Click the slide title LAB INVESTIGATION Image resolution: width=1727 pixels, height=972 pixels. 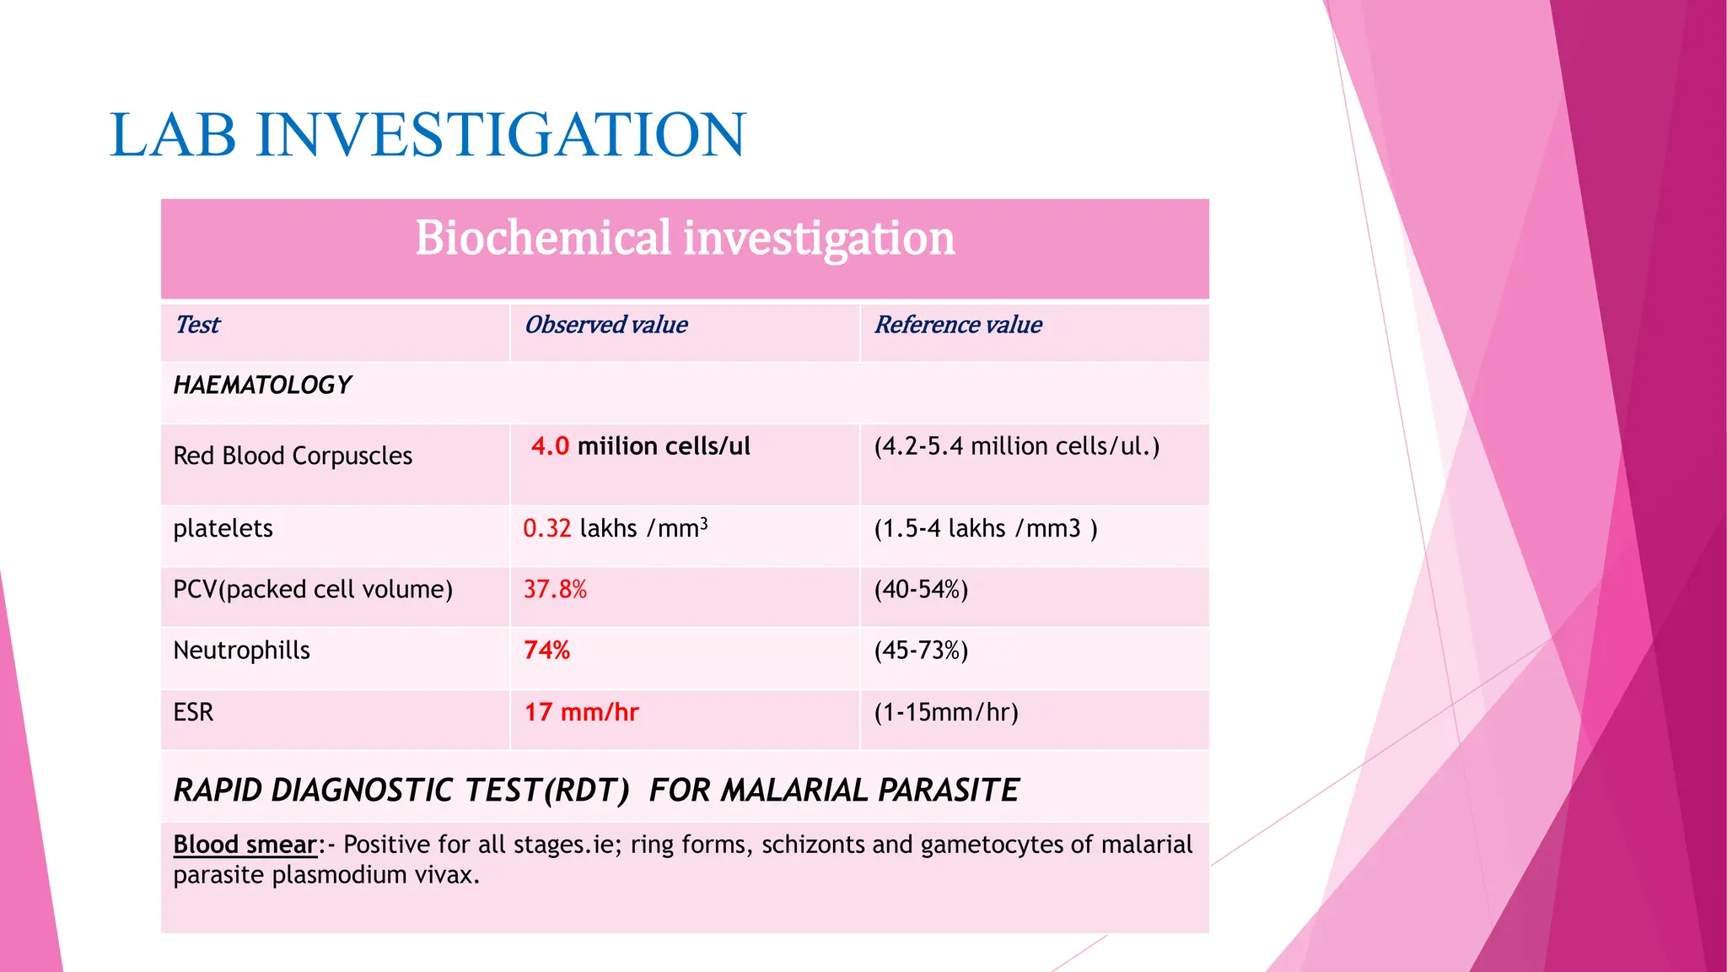428,135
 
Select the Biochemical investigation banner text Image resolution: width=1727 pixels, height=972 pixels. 685,238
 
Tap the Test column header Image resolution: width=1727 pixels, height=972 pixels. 197,325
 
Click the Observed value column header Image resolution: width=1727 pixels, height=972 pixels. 605,325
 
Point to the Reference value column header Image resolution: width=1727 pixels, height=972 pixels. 958,325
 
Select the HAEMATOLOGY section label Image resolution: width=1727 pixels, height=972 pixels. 262,386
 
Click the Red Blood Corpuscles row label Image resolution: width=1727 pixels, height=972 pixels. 293,456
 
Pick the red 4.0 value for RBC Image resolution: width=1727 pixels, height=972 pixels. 550,446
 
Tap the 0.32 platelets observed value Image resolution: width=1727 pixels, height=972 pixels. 546,529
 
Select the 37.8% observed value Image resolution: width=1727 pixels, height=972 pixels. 555,589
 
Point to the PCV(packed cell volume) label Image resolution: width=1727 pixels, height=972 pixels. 313,589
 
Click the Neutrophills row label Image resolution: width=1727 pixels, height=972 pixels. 241,651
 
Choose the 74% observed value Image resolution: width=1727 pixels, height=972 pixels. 546,651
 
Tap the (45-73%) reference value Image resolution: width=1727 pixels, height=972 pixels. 921,651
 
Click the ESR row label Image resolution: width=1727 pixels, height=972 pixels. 193,712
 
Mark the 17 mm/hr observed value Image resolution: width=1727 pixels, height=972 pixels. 581,712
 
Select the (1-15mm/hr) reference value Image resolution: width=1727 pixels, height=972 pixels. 946,712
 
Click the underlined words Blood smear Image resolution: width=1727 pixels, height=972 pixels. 245,845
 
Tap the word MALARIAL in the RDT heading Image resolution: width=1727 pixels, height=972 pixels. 794,791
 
